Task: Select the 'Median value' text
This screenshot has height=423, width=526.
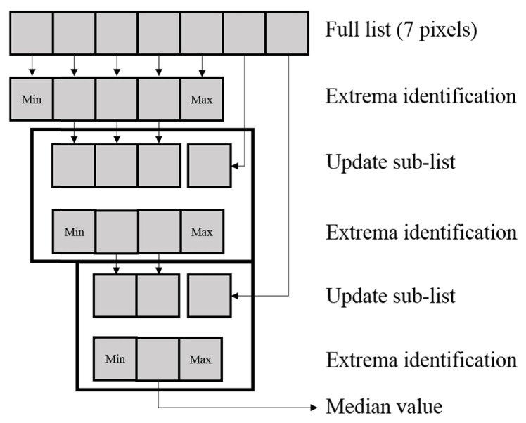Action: coord(383,406)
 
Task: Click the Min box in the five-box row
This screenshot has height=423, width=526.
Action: coord(32,98)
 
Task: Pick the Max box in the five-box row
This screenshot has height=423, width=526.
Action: coord(202,98)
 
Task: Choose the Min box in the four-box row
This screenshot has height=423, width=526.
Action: coord(74,231)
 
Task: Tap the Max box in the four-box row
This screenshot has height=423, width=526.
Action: coord(202,231)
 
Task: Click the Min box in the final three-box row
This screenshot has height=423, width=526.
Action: coord(115,359)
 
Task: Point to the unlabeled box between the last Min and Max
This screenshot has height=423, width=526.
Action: coord(158,359)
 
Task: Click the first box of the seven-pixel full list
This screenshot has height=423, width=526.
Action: coord(32,32)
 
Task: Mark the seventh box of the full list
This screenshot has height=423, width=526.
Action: coord(288,32)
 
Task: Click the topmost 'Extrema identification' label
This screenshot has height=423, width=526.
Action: coord(421,97)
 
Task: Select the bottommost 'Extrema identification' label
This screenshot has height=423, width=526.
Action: coord(421,360)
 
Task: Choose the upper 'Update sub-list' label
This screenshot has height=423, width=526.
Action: coord(390,163)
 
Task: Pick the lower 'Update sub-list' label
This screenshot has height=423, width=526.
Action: coord(390,295)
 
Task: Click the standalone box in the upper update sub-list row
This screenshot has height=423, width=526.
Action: coord(209,165)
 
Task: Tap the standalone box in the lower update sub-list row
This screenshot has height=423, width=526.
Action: coord(209,296)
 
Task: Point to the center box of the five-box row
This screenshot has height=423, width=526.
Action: coord(117,98)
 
